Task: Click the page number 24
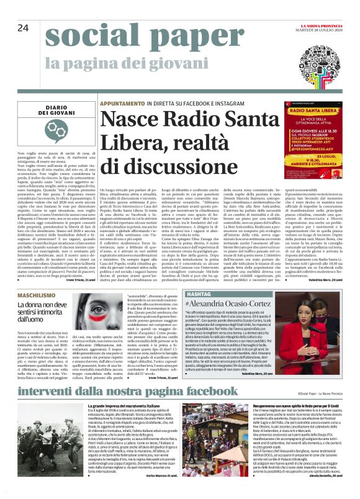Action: [23, 27]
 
